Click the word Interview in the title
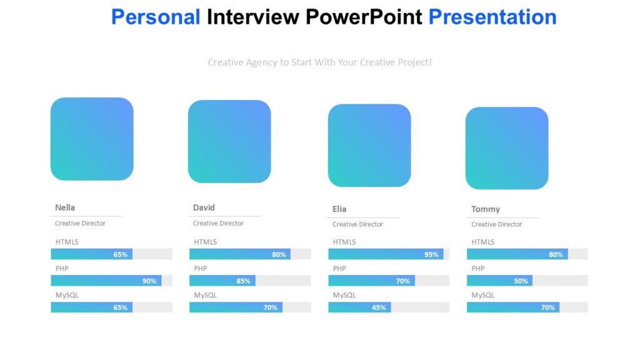pos(253,17)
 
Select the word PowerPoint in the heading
pos(364,17)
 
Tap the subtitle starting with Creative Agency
pos(319,62)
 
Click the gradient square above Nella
pos(92,139)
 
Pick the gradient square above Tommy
pos(507,148)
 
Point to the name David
pos(204,207)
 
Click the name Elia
pos(339,209)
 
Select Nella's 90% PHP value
pos(149,281)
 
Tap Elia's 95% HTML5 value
pos(431,254)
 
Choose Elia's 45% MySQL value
pos(379,307)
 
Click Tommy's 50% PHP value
pos(521,281)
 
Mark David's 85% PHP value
pos(243,281)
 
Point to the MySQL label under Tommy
pos(482,295)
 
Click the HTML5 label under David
pos(205,242)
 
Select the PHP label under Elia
pos(339,269)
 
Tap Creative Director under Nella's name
pos(80,223)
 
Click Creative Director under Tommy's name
pos(497,224)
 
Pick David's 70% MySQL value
pos(270,307)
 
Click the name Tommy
pos(486,209)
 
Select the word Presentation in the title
pos(492,17)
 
